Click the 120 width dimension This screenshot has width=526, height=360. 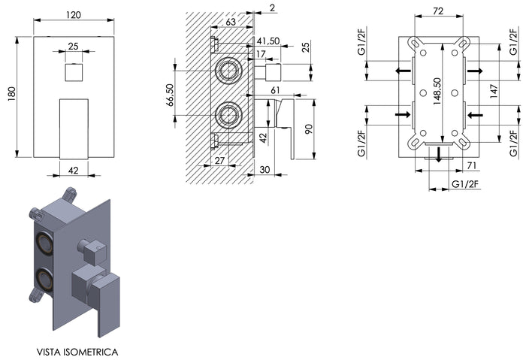pos(73,14)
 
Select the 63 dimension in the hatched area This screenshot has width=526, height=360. pos(231,22)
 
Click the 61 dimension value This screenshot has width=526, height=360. pos(275,90)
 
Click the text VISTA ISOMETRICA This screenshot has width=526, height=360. pos(76,351)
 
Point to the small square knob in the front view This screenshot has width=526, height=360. pos(73,73)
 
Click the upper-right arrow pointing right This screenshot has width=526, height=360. pos(474,71)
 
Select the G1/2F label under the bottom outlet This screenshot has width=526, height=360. pos(466,183)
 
